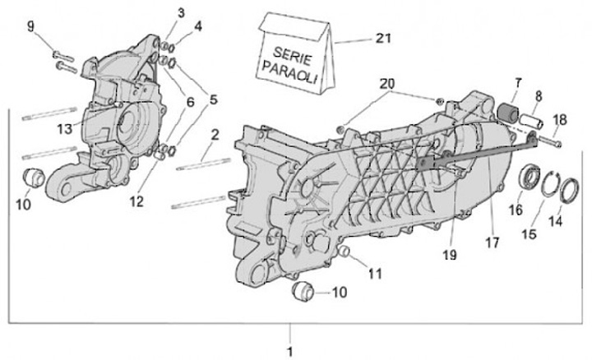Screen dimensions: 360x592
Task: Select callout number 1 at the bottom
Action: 289,350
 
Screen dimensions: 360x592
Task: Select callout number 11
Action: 375,272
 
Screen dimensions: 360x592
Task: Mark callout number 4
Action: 197,25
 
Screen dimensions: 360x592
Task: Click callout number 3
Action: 181,12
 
